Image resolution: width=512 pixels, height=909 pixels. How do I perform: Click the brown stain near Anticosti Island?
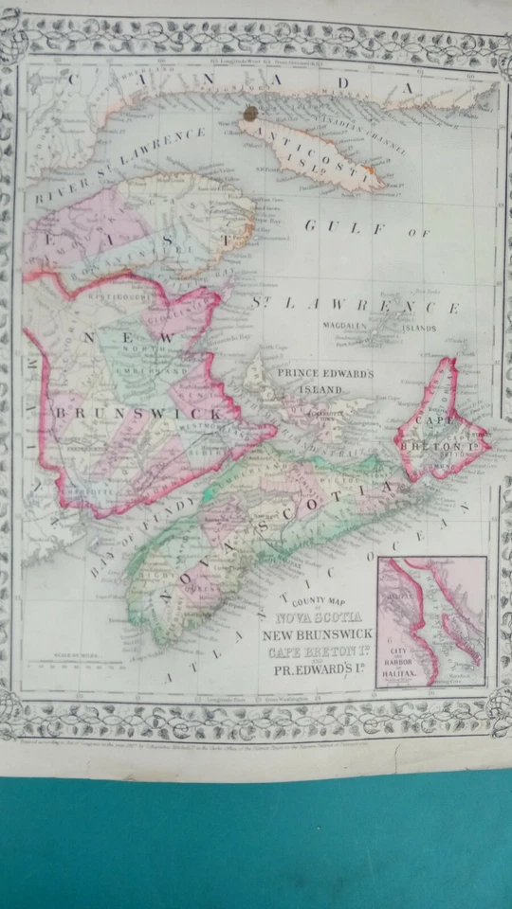(x=250, y=116)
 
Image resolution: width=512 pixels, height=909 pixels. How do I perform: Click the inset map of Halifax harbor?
(x=431, y=620)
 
